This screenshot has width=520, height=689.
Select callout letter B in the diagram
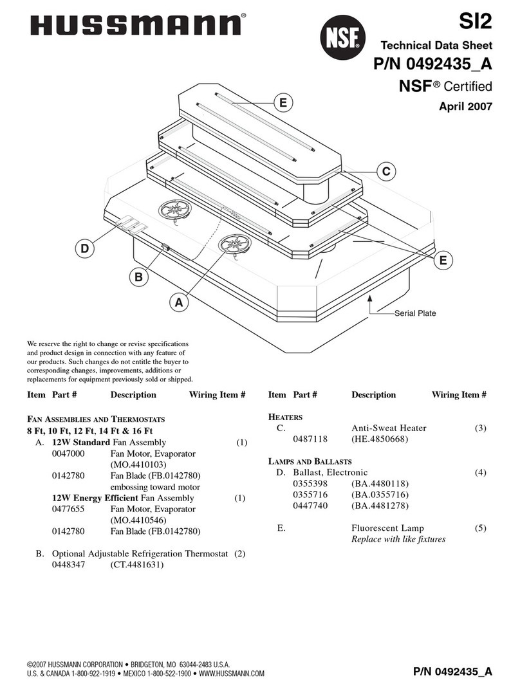[136, 277]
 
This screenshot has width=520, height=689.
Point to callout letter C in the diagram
[385, 172]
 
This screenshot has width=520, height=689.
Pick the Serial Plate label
[415, 313]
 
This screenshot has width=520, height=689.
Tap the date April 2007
[465, 107]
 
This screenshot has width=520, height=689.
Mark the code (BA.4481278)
[380, 506]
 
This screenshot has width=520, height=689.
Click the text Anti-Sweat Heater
[389, 428]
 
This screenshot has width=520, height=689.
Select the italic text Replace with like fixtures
[398, 539]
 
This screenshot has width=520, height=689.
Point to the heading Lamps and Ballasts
[310, 461]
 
